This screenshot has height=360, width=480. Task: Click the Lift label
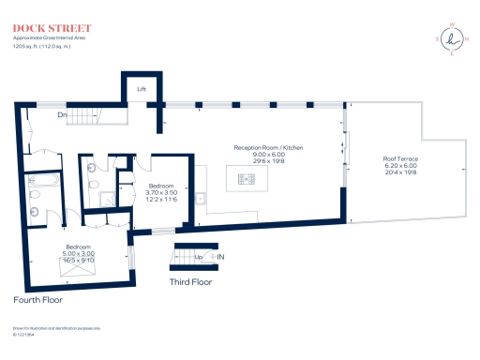coord(142,89)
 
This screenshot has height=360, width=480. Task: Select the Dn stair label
coord(62,116)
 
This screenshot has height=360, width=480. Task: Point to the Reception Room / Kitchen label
coord(268,148)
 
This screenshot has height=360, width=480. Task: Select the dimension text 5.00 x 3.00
coord(78,253)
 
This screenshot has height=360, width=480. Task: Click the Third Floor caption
coord(189,281)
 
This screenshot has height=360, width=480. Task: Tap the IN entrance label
coord(221,256)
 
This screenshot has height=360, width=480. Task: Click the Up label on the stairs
coord(198,256)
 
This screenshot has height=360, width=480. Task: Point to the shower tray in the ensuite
coord(106,198)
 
